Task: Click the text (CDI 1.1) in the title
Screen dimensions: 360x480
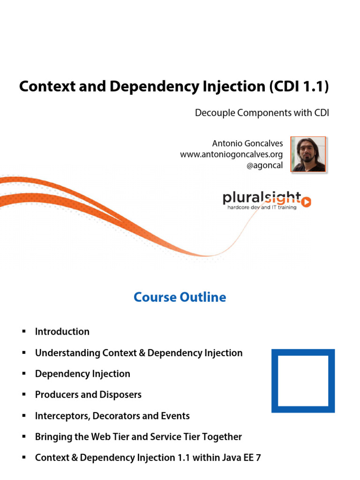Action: pos(299,86)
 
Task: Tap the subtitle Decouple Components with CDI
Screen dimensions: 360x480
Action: pos(262,113)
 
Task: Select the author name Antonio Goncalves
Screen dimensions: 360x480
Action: pos(247,143)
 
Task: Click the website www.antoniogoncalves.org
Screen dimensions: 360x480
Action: pos(231,155)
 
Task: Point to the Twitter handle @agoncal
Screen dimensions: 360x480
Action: pos(264,165)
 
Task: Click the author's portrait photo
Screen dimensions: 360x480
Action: pos(308,155)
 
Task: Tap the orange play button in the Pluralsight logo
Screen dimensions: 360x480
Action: pos(306,202)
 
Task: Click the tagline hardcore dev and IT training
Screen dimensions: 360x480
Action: pos(262,207)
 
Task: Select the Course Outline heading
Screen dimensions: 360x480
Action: pos(180,297)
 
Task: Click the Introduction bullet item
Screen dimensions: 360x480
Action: pos(62,331)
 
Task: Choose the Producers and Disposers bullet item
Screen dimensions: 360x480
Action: pos(88,395)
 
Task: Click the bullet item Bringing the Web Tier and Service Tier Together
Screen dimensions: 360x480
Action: pos(138,437)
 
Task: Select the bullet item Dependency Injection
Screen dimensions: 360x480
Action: pos(82,374)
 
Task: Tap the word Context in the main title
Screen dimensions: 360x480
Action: pos(47,86)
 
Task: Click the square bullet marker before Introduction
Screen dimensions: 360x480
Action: pos(24,331)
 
